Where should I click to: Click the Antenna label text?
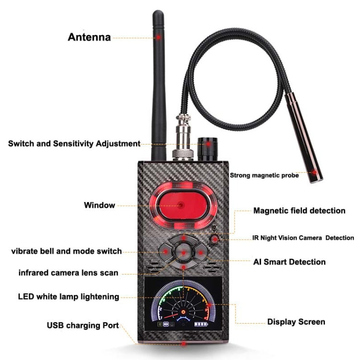click(89, 37)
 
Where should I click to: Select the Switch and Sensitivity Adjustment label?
click(74, 144)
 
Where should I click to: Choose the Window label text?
click(99, 205)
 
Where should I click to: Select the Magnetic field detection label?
click(299, 210)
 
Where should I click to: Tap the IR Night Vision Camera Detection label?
click(303, 238)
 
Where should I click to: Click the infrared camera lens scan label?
click(68, 273)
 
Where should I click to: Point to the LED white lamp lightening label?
click(68, 297)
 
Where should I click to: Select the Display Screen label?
click(296, 322)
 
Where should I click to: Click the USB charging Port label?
click(83, 325)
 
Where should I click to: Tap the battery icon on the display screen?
click(198, 324)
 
